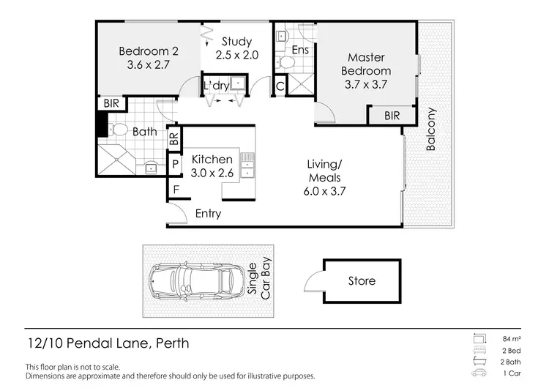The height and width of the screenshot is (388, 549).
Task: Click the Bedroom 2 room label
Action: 149,58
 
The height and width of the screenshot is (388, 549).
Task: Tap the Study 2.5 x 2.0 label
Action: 234,48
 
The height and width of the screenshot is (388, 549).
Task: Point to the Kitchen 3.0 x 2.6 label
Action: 212,166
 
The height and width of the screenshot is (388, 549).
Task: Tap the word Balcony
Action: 431,130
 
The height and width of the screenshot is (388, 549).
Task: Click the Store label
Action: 362,280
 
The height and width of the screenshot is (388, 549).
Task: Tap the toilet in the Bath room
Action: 119,130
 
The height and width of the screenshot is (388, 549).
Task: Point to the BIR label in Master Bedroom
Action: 392,115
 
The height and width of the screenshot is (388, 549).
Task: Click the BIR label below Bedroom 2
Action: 111,104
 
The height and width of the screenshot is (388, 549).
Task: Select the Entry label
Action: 208,214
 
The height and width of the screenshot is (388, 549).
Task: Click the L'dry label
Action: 216,86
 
